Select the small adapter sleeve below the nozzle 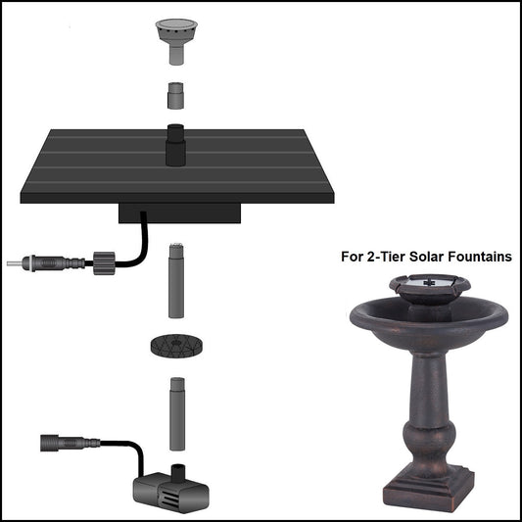[x=175, y=95]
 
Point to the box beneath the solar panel [x=178, y=212]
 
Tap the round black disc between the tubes [x=176, y=346]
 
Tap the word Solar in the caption [x=418, y=258]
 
